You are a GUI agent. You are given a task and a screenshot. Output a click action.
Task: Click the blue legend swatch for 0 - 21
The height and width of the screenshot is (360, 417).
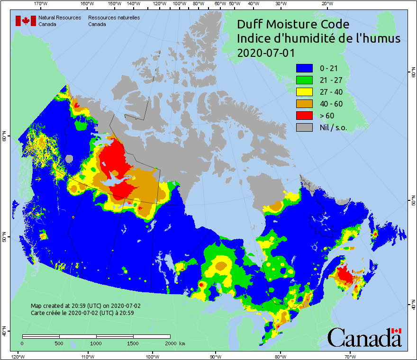[304, 68]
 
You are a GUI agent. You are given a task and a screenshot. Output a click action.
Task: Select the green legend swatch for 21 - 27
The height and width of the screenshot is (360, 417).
[304, 80]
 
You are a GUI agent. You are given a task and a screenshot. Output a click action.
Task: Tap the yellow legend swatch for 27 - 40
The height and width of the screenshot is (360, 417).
[304, 92]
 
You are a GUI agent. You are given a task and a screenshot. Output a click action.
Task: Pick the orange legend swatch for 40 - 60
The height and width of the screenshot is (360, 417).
[304, 104]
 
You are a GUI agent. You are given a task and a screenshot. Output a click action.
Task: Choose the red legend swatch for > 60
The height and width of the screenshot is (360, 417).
[304, 116]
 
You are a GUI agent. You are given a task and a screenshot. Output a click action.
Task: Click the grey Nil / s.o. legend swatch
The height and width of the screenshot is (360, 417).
[304, 127]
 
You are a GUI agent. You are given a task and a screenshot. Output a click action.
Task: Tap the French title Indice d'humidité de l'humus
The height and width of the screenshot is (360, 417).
[318, 39]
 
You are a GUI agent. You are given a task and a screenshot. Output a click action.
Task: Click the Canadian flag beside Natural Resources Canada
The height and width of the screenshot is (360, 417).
[26, 21]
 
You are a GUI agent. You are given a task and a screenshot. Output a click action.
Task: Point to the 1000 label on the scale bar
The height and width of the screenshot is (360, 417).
[96, 343]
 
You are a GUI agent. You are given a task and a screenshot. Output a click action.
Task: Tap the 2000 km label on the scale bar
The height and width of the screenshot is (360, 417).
[174, 343]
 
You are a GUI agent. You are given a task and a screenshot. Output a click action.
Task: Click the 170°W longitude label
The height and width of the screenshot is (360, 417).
[41, 3]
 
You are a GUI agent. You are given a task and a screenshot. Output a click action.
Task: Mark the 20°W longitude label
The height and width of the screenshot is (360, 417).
[326, 3]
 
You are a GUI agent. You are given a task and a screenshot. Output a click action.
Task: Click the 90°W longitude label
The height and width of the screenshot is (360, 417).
[216, 356]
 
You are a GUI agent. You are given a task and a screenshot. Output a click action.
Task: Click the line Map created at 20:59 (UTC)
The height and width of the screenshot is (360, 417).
[85, 306]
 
